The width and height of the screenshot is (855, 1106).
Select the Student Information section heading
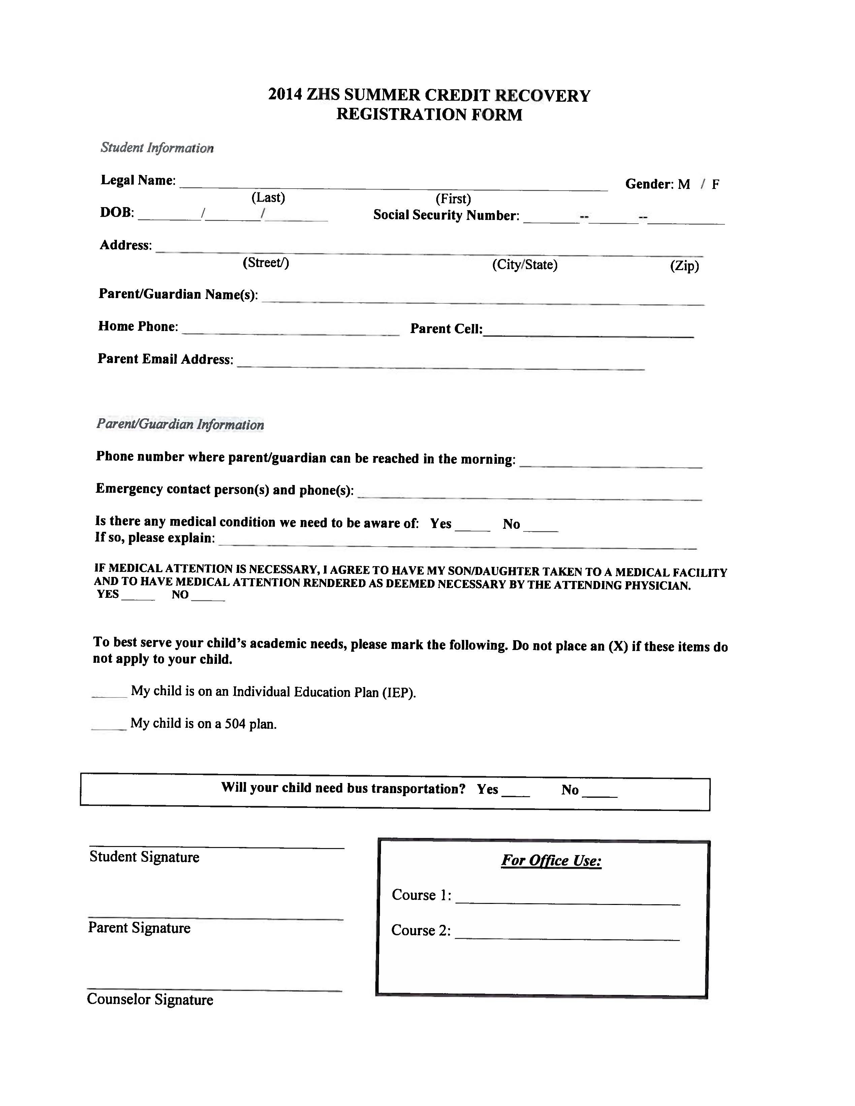[x=157, y=148]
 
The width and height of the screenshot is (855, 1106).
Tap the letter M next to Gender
[x=684, y=184]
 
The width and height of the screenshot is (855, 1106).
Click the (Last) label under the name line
[x=268, y=197]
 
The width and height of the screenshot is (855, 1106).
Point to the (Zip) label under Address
[x=684, y=266]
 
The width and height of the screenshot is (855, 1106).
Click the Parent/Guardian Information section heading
[x=180, y=424]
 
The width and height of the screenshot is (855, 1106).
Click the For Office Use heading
[x=551, y=860]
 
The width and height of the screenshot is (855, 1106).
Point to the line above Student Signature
[x=217, y=847]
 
